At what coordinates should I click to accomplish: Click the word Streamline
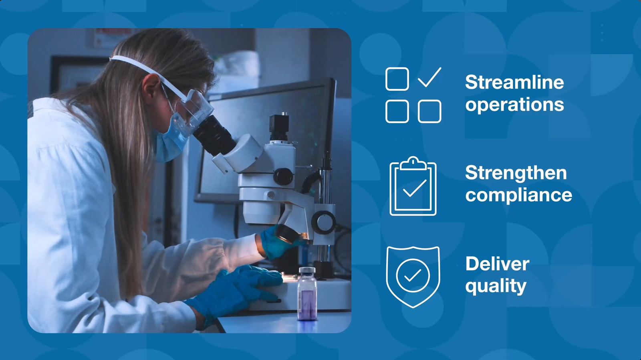(514, 82)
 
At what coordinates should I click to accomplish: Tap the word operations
(514, 105)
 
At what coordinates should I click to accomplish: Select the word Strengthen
(516, 173)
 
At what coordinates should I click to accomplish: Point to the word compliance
(518, 195)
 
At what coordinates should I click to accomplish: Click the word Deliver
(497, 263)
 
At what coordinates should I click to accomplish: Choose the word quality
(496, 286)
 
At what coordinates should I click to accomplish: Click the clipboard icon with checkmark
(413, 186)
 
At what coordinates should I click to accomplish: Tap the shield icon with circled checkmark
(413, 277)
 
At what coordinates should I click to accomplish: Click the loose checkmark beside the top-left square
(429, 77)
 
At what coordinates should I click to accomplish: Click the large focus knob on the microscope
(323, 222)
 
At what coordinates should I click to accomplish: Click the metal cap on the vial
(307, 270)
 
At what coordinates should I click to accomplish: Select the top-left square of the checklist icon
(397, 79)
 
